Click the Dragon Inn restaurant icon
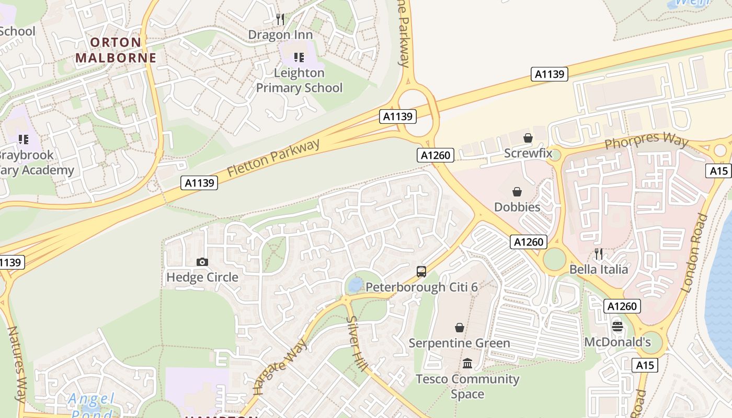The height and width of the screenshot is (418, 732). (x=280, y=20)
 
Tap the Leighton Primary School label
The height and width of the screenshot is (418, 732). (x=299, y=80)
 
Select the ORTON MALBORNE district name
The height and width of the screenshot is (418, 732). (x=116, y=50)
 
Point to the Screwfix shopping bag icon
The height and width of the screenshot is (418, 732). (x=528, y=138)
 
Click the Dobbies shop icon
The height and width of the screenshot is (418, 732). (x=517, y=192)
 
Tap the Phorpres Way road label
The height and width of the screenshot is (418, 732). (x=646, y=141)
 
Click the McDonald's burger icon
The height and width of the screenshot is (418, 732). (x=617, y=327)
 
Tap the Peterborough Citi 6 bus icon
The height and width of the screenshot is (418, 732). (x=421, y=272)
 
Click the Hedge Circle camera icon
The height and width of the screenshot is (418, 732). (x=202, y=262)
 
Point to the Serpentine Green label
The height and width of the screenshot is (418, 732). (x=459, y=343)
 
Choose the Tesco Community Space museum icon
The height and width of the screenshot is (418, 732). (x=467, y=363)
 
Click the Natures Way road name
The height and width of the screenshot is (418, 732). (x=17, y=364)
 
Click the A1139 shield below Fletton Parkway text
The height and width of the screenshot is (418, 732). (x=199, y=183)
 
